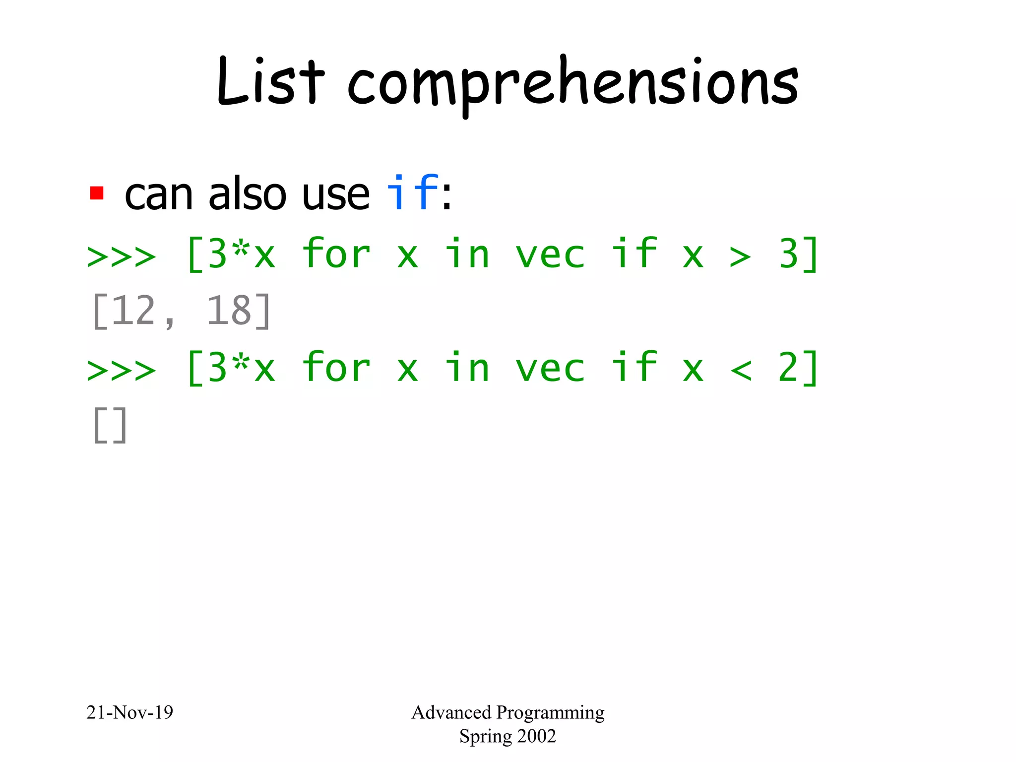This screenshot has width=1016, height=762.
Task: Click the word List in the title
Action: coord(270,82)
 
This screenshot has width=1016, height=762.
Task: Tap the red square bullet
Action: coord(97,193)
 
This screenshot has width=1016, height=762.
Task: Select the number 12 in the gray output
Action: coord(133,311)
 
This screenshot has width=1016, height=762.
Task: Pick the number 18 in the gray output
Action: coord(229,311)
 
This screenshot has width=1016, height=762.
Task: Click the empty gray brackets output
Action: coord(110,425)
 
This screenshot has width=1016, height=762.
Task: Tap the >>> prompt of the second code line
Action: coord(122,370)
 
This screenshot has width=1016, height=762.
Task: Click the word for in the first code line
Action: coord(336,254)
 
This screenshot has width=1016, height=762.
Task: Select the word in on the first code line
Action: coord(467,254)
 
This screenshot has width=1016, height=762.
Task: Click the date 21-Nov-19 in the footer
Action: coord(129,712)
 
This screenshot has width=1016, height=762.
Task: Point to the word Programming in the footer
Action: coord(550,713)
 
